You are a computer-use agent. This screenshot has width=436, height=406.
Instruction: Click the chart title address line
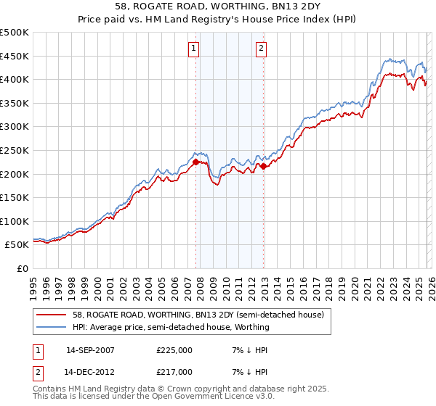coord(218,7)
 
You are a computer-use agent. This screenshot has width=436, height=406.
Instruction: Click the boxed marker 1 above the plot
coord(194,49)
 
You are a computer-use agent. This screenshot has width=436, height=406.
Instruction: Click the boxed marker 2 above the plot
coord(261,49)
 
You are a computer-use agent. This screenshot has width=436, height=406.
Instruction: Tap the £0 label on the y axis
coord(23,268)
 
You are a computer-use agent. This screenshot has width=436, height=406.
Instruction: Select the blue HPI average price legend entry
coord(171,327)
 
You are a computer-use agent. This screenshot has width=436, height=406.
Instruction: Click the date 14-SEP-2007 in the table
coord(90,349)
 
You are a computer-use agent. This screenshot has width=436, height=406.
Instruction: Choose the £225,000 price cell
coord(174,349)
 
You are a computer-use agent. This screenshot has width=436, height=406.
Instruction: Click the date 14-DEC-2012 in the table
coord(90,371)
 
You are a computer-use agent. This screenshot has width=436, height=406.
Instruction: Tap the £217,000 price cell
coord(174,371)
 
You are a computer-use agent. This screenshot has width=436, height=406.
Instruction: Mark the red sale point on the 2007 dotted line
coord(196,162)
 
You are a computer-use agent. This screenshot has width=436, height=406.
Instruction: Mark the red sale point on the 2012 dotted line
coord(264,166)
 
